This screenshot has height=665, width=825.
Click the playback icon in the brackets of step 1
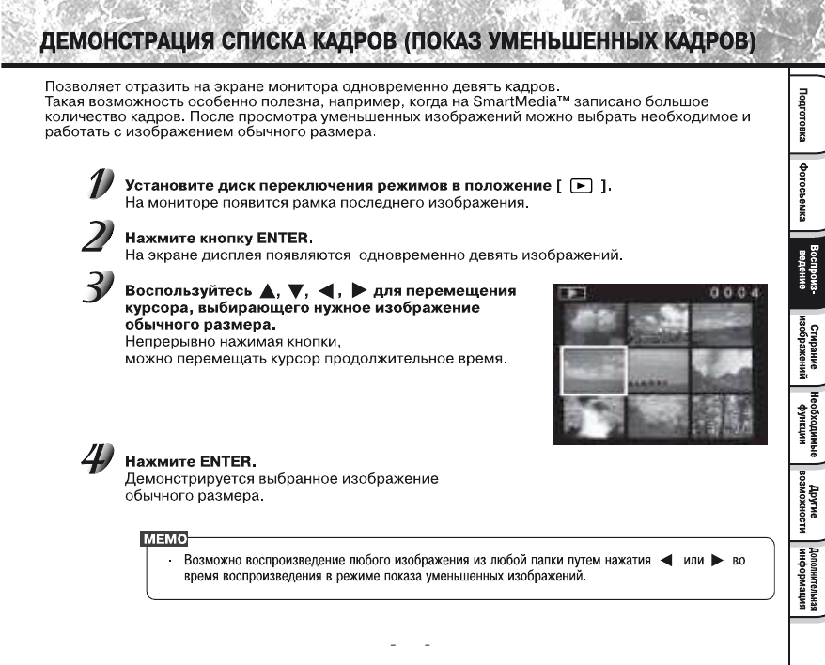(x=578, y=186)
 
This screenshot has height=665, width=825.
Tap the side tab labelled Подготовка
(x=804, y=113)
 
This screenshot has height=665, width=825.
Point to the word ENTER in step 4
(x=226, y=461)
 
